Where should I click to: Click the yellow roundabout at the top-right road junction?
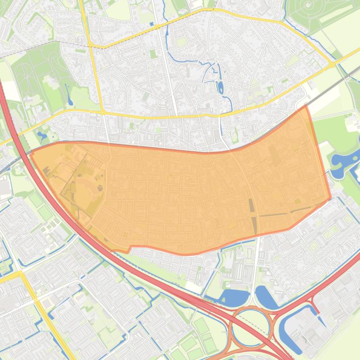pyautogui.click(x=332, y=65)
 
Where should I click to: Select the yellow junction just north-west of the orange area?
pyautogui.click(x=103, y=112)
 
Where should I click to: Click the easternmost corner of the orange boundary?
pyautogui.click(x=331, y=198)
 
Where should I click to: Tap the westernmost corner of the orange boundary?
pyautogui.click(x=31, y=153)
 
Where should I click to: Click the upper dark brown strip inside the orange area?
pyautogui.click(x=251, y=205)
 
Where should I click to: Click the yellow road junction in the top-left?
pyautogui.click(x=90, y=45)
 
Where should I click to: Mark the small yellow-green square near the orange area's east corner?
pyautogui.click(x=298, y=202)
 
